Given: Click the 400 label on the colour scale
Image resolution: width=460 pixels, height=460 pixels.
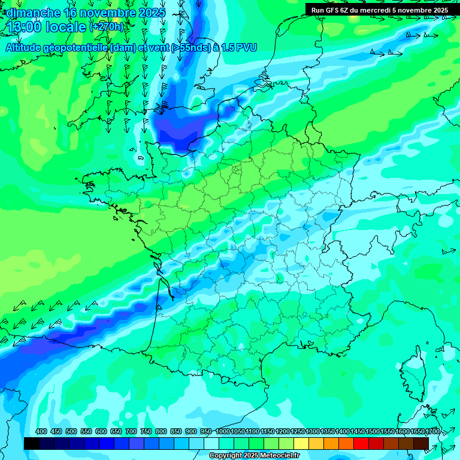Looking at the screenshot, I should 41,431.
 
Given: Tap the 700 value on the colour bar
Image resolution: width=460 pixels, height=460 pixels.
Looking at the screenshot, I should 131,431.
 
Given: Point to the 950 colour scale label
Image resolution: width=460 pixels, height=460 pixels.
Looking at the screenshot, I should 206,431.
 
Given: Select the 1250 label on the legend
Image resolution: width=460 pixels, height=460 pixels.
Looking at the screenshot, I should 298,431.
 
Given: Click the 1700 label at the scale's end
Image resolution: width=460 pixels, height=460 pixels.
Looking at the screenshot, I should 432,431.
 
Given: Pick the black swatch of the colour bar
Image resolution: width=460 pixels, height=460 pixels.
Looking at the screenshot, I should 31,443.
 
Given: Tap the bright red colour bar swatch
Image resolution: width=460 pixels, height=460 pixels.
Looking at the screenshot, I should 361,443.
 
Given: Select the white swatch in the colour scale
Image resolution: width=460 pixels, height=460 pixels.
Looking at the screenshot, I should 211,443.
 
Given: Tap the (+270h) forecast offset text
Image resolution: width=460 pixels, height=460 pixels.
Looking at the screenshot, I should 107,27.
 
